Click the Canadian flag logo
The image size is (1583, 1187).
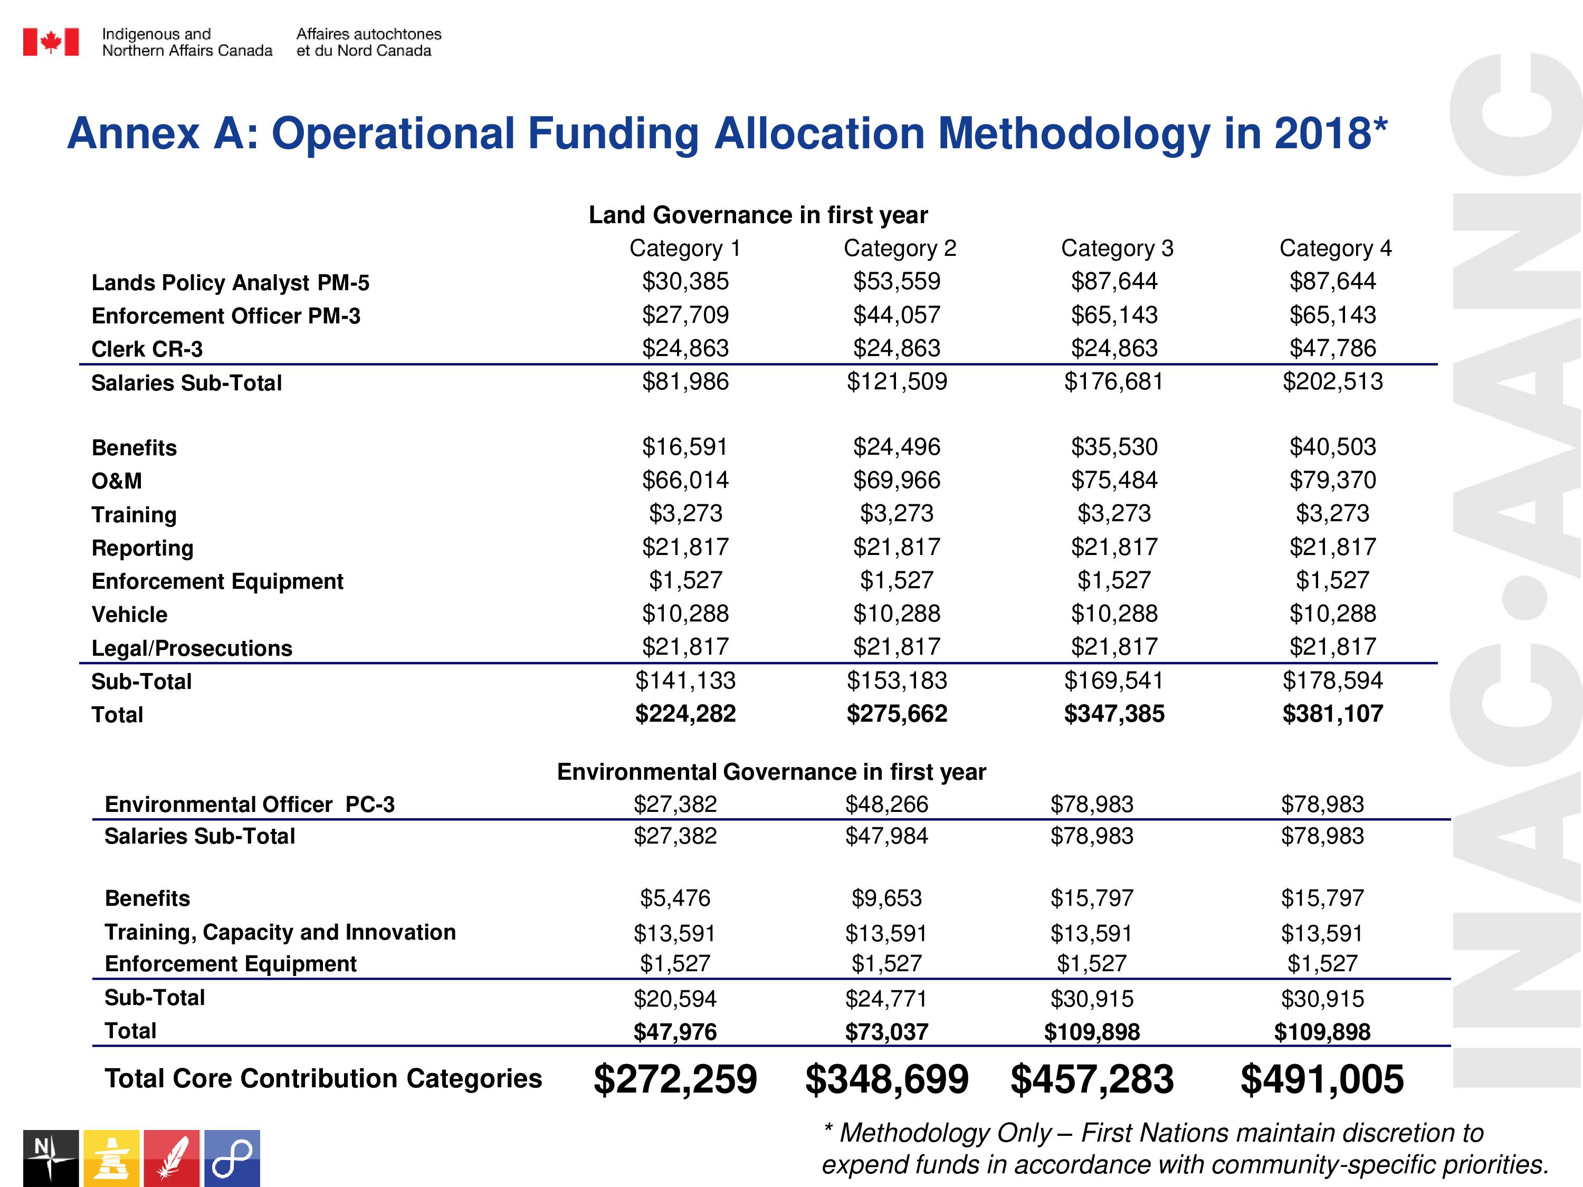[51, 42]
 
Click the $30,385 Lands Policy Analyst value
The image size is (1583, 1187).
[685, 281]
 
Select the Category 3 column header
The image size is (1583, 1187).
[1117, 248]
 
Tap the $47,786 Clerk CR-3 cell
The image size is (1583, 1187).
[1332, 348]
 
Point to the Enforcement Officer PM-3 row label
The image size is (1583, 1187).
[226, 315]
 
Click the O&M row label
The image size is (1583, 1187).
[117, 481]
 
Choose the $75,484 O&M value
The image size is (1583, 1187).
[1114, 480]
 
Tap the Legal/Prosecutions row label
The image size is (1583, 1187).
[192, 648]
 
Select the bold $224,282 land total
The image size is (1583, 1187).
[685, 713]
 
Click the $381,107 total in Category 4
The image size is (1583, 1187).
[1332, 713]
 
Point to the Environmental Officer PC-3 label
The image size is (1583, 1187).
[250, 804]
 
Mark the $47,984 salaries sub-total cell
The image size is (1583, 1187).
[886, 836]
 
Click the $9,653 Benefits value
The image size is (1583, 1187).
[886, 898]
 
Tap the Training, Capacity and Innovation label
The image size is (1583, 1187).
[280, 932]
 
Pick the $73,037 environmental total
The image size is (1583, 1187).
[886, 1032]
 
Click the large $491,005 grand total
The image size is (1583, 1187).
[1322, 1079]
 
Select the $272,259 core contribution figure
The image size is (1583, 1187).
[675, 1079]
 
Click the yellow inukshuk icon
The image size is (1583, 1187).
[111, 1159]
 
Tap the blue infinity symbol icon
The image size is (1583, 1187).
[232, 1159]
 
